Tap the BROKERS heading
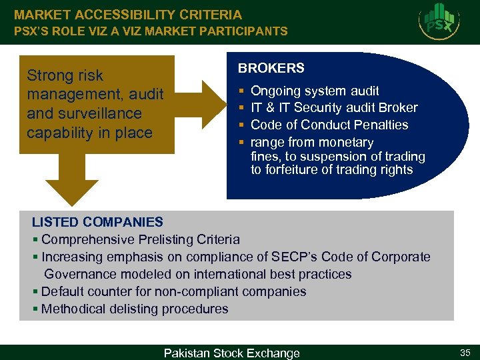271,68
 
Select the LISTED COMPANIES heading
97,222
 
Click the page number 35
464,351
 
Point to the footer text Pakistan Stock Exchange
232,353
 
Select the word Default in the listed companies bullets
63,291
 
